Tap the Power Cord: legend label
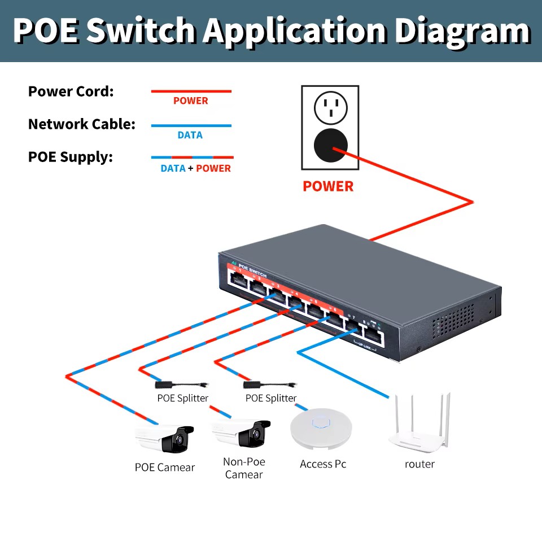pyautogui.click(x=71, y=91)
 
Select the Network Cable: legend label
pyautogui.click(x=82, y=124)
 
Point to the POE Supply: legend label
pyautogui.click(x=71, y=157)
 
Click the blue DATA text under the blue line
pyautogui.click(x=190, y=135)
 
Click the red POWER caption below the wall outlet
pyautogui.click(x=328, y=186)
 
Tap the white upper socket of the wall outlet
pyautogui.click(x=330, y=107)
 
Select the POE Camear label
pyautogui.click(x=164, y=467)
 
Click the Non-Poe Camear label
pyautogui.click(x=244, y=468)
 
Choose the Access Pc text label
pyautogui.click(x=323, y=464)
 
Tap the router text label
pyautogui.click(x=419, y=464)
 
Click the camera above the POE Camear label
pyautogui.click(x=165, y=438)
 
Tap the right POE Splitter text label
pyautogui.click(x=271, y=399)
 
